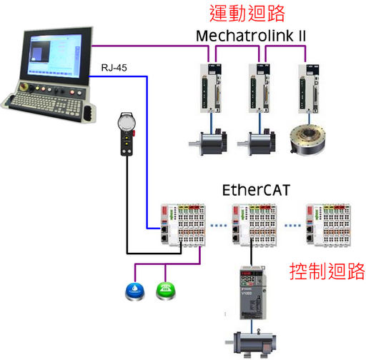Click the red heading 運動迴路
(x=247, y=14)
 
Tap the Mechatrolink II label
(x=251, y=36)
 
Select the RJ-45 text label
(x=114, y=68)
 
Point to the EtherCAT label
(x=256, y=190)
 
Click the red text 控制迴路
(x=327, y=271)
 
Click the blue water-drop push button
(x=135, y=291)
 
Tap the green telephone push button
(x=166, y=291)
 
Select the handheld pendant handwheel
(x=127, y=134)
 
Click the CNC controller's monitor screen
(x=55, y=56)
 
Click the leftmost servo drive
(x=211, y=88)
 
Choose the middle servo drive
(x=259, y=88)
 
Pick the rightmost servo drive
(x=309, y=89)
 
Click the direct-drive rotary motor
(x=307, y=140)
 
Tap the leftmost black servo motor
(x=208, y=142)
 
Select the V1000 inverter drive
(x=253, y=292)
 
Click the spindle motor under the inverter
(x=251, y=344)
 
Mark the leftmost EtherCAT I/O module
(x=183, y=224)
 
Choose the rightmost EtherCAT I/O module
(x=328, y=224)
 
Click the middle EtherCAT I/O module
(x=254, y=224)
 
